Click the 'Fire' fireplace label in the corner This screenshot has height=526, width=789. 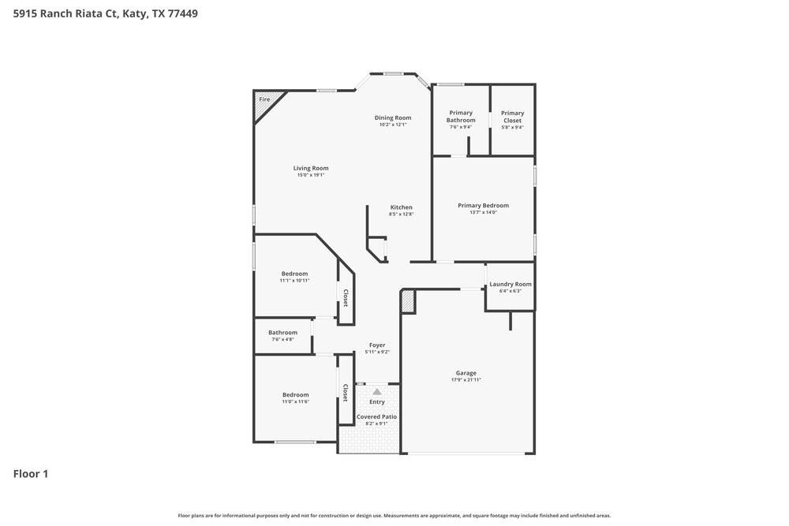click(264, 99)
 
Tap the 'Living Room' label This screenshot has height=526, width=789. click(311, 168)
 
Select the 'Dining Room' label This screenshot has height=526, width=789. click(393, 118)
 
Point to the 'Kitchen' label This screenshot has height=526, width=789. click(401, 207)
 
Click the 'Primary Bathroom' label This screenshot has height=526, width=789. click(461, 117)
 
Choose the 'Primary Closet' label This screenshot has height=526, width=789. click(512, 117)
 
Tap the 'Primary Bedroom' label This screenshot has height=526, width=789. click(483, 205)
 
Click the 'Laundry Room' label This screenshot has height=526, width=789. click(510, 284)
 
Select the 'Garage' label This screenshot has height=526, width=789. click(466, 373)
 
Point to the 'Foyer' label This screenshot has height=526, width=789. click(377, 345)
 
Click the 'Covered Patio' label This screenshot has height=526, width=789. click(377, 416)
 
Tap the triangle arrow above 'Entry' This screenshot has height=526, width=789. click(377, 392)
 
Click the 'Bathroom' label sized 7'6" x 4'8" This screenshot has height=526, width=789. click(282, 332)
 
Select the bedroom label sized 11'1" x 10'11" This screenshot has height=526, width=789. click(294, 274)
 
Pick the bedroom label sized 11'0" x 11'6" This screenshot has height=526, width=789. click(296, 394)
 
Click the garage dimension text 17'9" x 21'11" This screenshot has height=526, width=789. click(466, 380)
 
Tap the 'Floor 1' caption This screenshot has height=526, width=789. click(31, 474)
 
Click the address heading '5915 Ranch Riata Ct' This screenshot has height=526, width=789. click(65, 13)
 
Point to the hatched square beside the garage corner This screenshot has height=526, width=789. click(408, 301)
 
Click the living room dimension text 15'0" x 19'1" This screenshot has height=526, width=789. click(311, 175)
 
